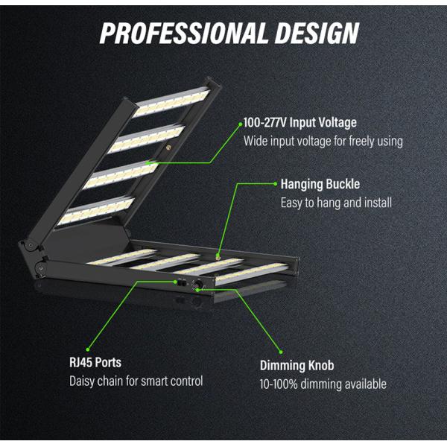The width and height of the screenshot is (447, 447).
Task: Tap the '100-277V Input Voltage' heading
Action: (x=300, y=122)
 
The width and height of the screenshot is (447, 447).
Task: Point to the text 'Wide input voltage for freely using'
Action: (x=323, y=141)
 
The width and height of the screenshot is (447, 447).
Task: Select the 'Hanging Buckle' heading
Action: (x=320, y=183)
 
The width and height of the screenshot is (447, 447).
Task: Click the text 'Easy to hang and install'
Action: (x=335, y=202)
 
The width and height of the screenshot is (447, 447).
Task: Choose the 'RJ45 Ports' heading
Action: (x=95, y=363)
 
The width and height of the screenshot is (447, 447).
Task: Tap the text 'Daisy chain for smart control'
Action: (x=136, y=381)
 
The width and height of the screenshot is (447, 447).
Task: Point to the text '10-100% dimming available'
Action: (x=323, y=384)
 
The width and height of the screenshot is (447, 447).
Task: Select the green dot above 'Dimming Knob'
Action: (x=282, y=351)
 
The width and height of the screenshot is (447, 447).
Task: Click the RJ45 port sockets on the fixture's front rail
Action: (x=180, y=282)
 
